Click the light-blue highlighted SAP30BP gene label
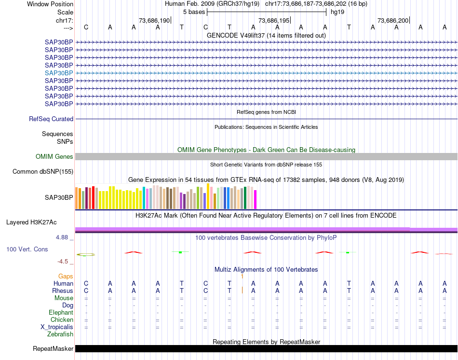[59, 73]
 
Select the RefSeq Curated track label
[51, 119]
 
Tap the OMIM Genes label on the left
[54, 156]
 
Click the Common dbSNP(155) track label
[43, 171]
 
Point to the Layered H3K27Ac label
[31, 222]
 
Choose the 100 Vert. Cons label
[27, 249]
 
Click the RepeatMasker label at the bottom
[53, 348]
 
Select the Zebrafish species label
[60, 334]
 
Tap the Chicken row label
[62, 319]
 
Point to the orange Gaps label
[66, 276]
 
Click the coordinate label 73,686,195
[274, 21]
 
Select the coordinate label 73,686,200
[393, 21]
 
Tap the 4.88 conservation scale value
[63, 237]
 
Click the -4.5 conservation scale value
[63, 262]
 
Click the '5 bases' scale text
[194, 12]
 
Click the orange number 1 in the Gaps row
[242, 276]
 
